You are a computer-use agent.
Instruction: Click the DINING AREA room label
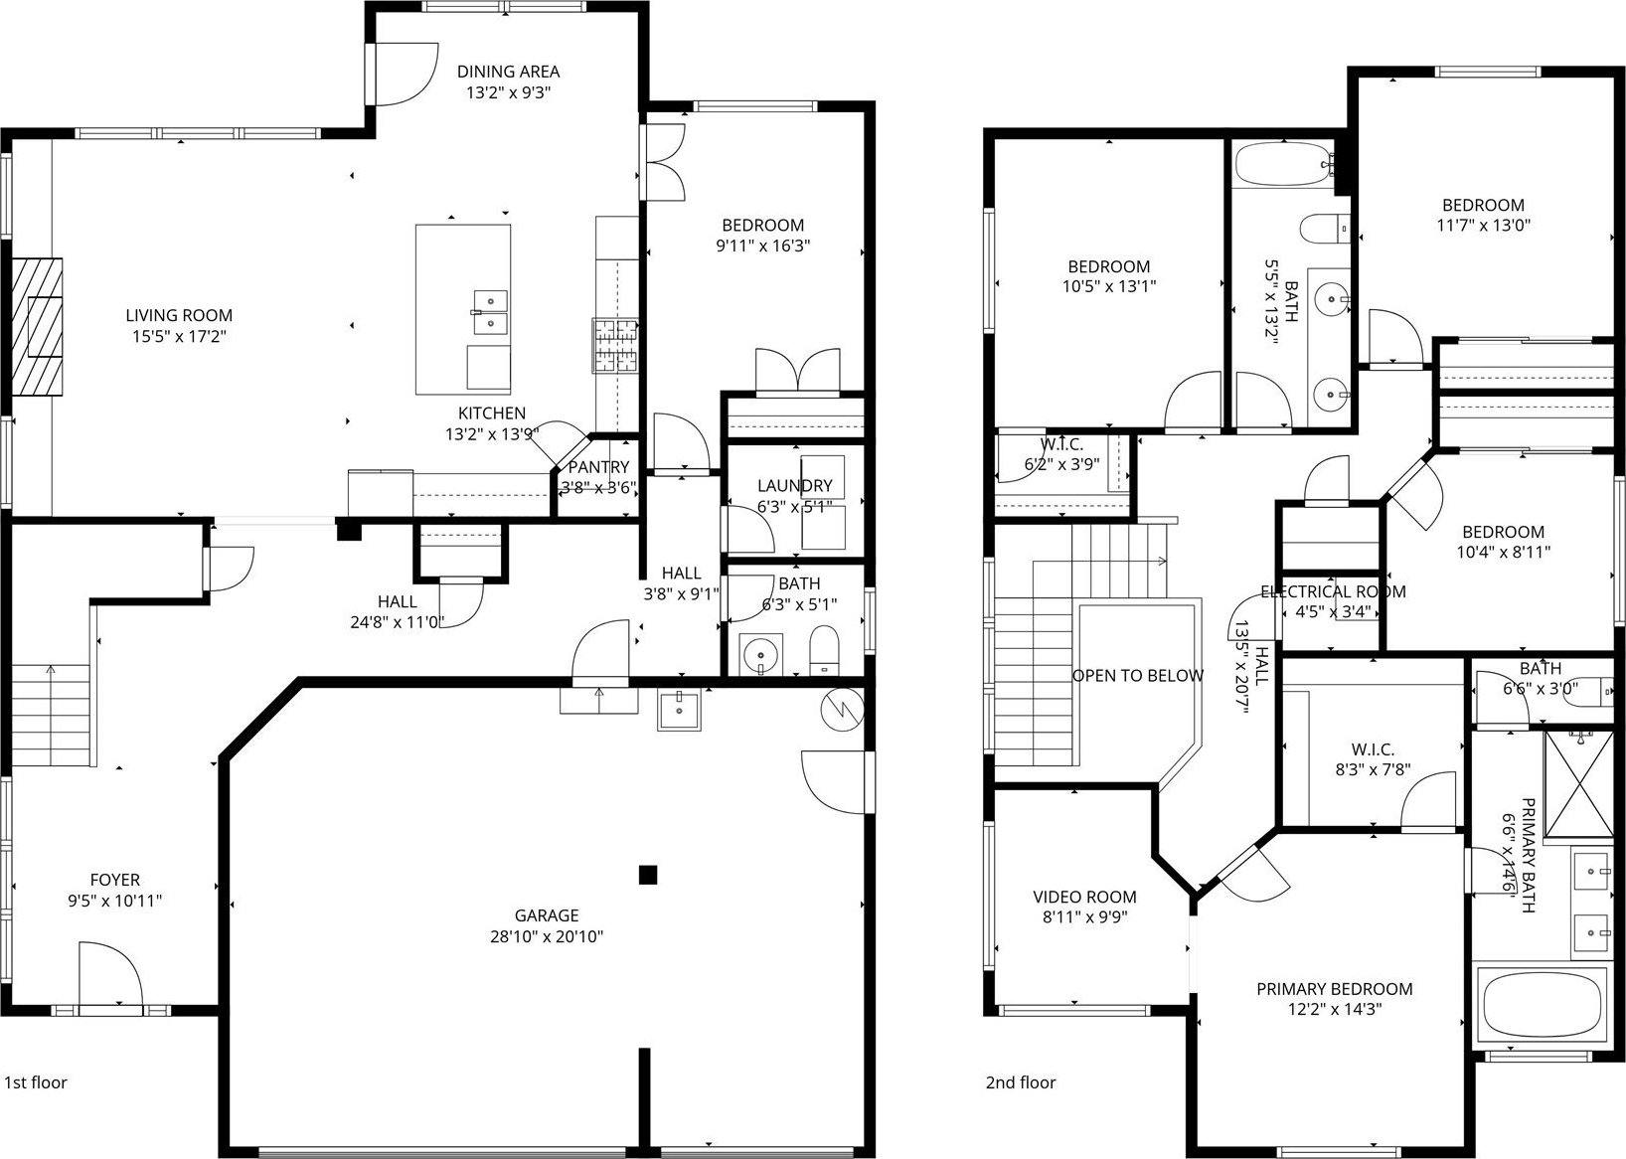[508, 72]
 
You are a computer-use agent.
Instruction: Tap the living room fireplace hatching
[37, 327]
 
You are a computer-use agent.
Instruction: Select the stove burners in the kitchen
[615, 346]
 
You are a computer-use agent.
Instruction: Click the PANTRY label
[598, 467]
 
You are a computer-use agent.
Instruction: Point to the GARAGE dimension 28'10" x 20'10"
[547, 936]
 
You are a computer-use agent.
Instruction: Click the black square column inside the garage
[648, 875]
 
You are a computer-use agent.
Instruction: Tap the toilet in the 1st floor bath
[824, 650]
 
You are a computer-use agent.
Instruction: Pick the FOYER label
[114, 880]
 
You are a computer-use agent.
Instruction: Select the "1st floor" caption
[36, 1082]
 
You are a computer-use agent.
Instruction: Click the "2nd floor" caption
[1021, 1082]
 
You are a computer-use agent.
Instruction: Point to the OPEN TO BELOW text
[1137, 675]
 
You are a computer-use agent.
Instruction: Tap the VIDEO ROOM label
[1084, 897]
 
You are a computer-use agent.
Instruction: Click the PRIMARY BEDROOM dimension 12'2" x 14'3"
[1334, 1009]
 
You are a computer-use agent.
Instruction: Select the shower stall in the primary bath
[1579, 784]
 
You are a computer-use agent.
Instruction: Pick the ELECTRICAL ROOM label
[1333, 591]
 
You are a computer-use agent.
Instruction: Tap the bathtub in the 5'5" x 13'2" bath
[1284, 163]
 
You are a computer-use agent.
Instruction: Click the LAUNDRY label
[795, 485]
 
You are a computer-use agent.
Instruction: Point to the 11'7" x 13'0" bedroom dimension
[1483, 225]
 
